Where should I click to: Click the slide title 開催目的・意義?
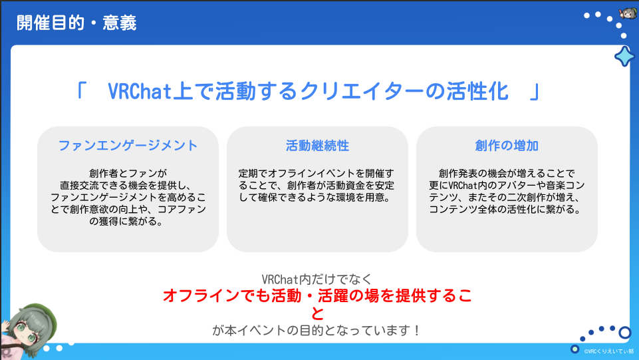coord(76,23)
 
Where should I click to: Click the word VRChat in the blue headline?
coord(140,91)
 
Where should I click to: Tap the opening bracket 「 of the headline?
coord(81,91)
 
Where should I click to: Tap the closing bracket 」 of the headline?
coord(534,91)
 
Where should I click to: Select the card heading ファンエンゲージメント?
coord(128,146)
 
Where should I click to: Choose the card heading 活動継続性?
coord(317,146)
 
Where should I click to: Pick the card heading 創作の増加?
coord(507,146)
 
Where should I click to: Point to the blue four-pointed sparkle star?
coord(624,57)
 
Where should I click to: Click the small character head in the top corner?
coord(628,13)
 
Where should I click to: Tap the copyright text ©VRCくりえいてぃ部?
coord(608,351)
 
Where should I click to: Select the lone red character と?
coord(317,313)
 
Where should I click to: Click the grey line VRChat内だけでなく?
coord(317,279)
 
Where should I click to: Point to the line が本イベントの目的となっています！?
coord(317,330)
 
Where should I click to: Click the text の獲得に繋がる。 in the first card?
coord(126,222)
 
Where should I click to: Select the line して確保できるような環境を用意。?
coord(315,198)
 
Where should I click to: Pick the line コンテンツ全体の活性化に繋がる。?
coord(505,210)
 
